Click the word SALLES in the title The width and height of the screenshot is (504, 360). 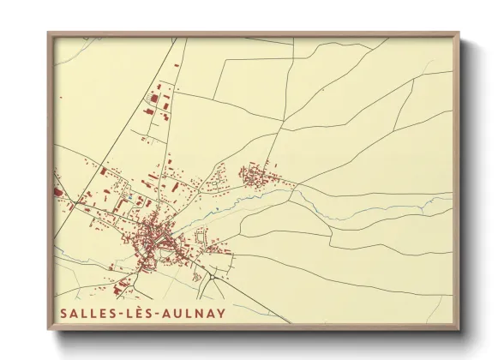pyautogui.click(x=87, y=313)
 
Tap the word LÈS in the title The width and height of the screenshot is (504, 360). pyautogui.click(x=140, y=313)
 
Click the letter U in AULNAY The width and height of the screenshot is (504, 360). pyautogui.click(x=178, y=313)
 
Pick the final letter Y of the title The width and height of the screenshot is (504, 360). pyautogui.click(x=221, y=313)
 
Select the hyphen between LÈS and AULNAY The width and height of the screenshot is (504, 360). pyautogui.click(x=159, y=313)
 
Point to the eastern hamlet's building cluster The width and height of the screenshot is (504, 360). pyautogui.click(x=255, y=177)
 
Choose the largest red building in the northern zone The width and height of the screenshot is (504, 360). pyautogui.click(x=155, y=99)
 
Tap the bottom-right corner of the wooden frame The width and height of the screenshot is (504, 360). pyautogui.click(x=458, y=328)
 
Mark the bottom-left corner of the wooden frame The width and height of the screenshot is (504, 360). pyautogui.click(x=49, y=328)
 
